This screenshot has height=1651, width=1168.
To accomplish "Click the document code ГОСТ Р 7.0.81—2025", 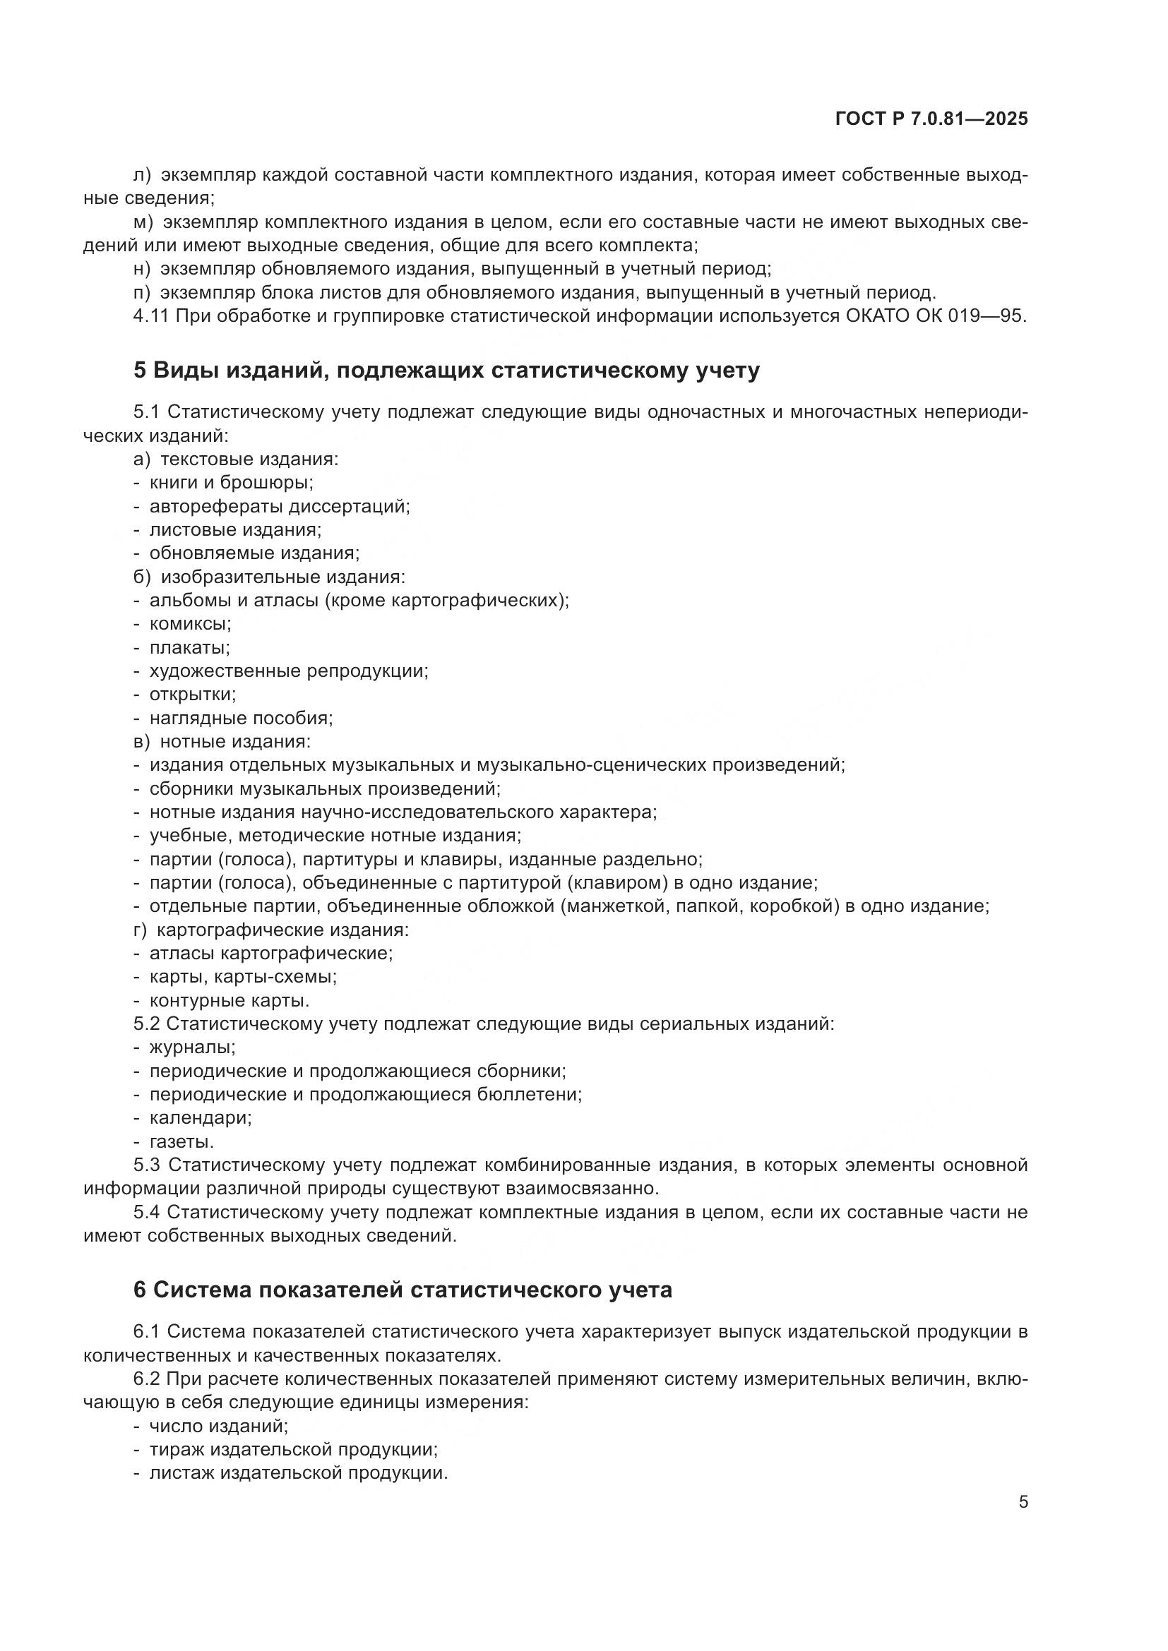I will pyautogui.click(x=931, y=119).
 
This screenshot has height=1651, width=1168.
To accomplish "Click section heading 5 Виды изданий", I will pyautogui.click(x=446, y=371).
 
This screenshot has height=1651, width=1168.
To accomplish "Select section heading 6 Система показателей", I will pyautogui.click(x=402, y=1290).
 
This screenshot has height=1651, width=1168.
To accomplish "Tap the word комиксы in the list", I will pyautogui.click(x=190, y=623).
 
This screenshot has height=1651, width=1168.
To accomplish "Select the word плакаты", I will pyautogui.click(x=189, y=647).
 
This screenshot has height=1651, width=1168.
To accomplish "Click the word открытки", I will pyautogui.click(x=192, y=694).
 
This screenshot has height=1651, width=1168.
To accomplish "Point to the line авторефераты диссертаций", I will pyautogui.click(x=279, y=506).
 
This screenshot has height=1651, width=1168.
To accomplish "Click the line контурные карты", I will pyautogui.click(x=229, y=1000).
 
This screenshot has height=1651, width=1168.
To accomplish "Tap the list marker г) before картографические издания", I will pyautogui.click(x=141, y=930).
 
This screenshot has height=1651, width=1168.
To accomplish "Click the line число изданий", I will pyautogui.click(x=218, y=1426).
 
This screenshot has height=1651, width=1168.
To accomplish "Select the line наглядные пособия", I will pyautogui.click(x=240, y=718).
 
